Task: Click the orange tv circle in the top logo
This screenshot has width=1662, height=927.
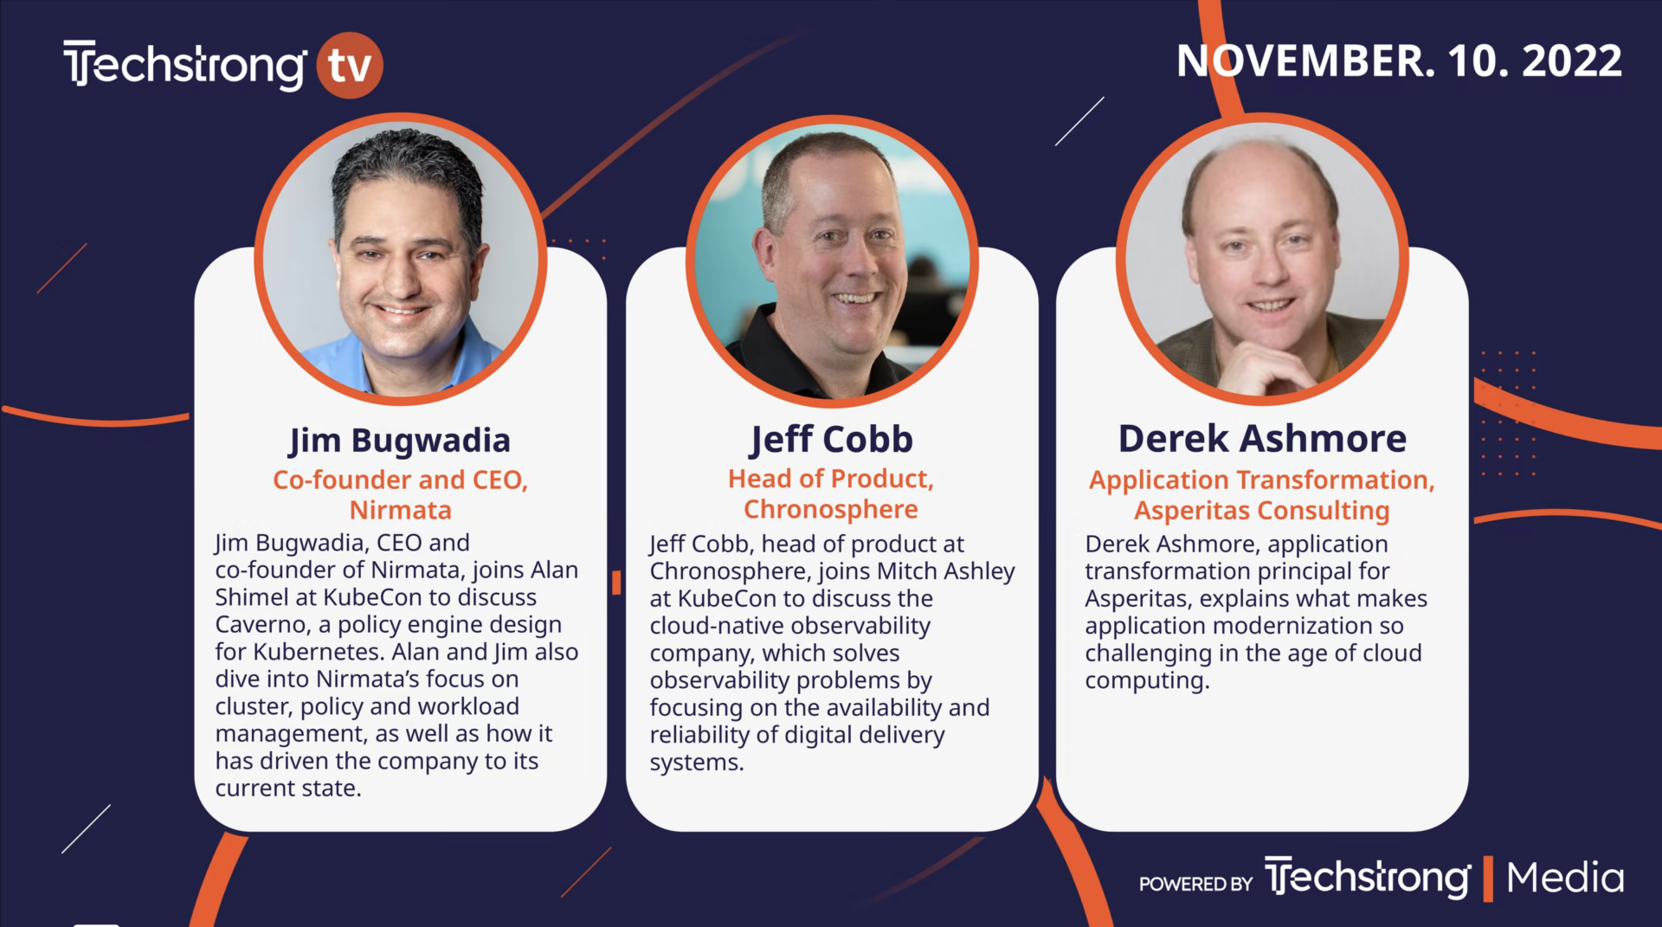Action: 350,65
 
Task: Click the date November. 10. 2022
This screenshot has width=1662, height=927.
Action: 1399,61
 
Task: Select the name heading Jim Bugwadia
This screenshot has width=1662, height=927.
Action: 400,441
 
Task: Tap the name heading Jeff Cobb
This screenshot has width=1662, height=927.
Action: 831,440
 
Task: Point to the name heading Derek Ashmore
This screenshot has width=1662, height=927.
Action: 1262,439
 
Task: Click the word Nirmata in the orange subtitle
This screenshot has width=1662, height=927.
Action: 401,510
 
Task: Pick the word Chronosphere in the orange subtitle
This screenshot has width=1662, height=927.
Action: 831,509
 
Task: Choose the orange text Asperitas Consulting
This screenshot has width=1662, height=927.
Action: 1262,511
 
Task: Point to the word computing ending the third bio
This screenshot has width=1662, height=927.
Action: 1148,681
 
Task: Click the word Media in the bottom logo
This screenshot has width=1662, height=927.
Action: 1565,878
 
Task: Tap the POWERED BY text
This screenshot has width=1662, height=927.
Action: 1196,884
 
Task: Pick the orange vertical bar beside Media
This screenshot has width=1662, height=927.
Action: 1489,879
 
